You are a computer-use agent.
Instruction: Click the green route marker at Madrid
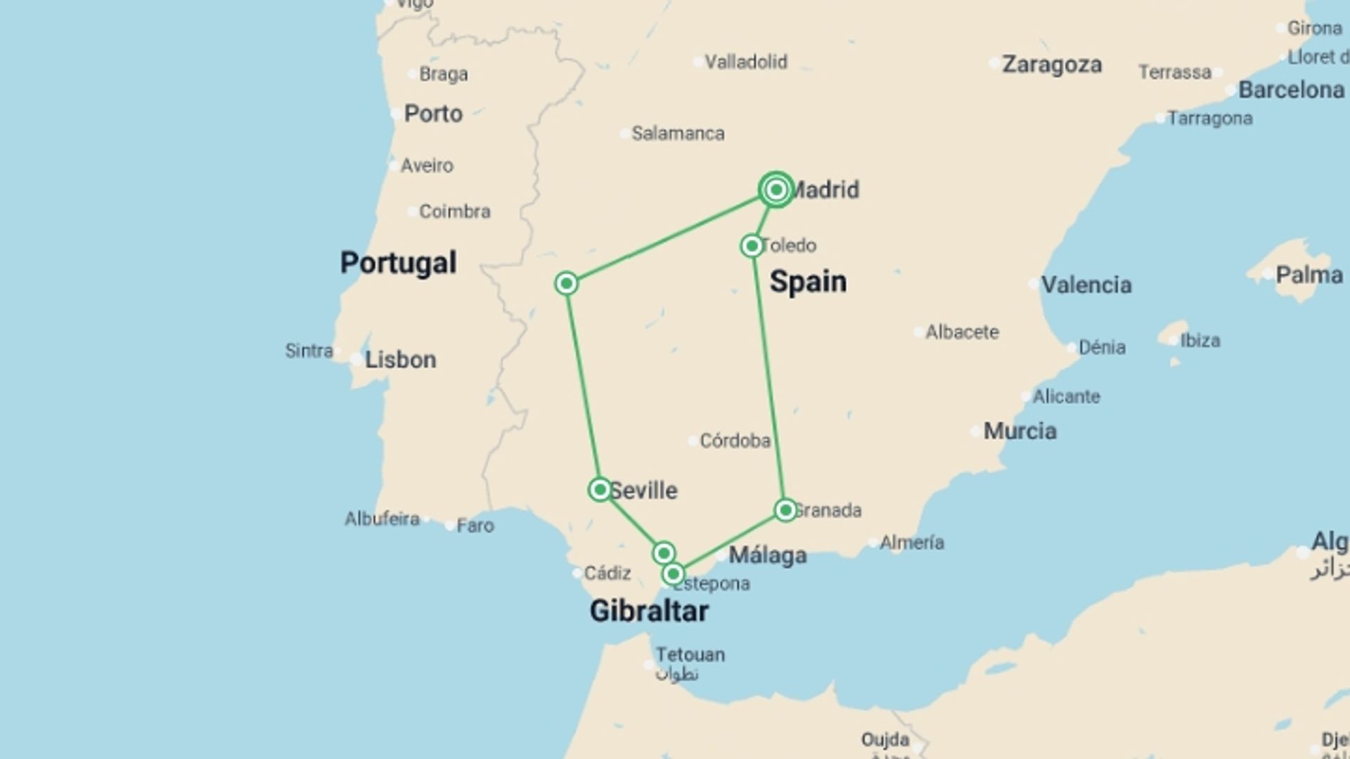(776, 190)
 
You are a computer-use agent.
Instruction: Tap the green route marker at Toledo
(752, 246)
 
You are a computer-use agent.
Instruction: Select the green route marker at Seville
(600, 489)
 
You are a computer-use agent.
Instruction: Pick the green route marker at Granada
(785, 510)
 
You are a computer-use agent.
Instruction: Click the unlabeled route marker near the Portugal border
(566, 283)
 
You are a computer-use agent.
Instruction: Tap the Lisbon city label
(400, 360)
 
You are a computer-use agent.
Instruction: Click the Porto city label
(433, 114)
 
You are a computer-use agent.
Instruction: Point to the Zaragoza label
(1051, 65)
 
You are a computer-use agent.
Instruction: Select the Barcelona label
(1291, 90)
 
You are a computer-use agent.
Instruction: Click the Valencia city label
(1086, 285)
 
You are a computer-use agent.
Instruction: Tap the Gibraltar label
(648, 611)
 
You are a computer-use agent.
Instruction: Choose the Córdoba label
(735, 441)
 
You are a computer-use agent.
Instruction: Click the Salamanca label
(678, 134)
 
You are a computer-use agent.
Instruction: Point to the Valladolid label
(745, 62)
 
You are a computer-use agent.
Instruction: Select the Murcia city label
(1020, 431)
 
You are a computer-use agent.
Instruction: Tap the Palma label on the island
(1309, 275)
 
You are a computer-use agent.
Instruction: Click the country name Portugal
(398, 263)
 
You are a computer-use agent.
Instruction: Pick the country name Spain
(808, 282)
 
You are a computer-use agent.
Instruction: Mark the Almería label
(911, 543)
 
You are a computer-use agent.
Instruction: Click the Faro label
(475, 526)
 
